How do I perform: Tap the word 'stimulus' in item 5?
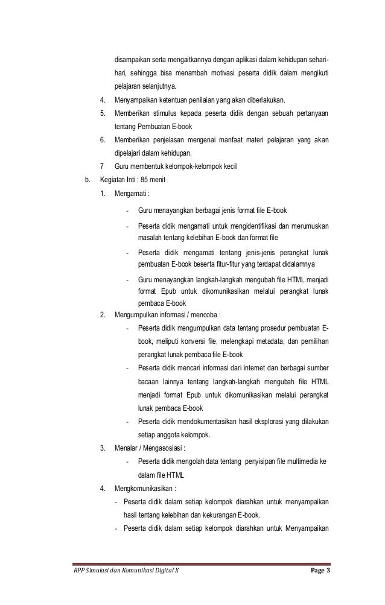coord(168,113)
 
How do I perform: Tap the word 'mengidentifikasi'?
coord(250,227)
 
